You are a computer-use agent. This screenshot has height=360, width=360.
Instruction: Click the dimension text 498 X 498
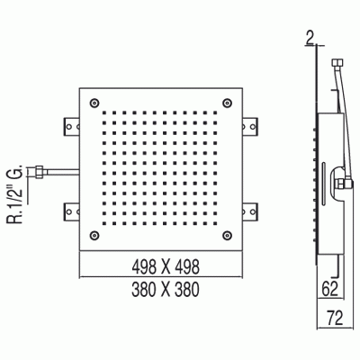tap(163, 266)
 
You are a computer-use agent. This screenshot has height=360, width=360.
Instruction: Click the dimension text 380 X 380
tap(163, 289)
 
